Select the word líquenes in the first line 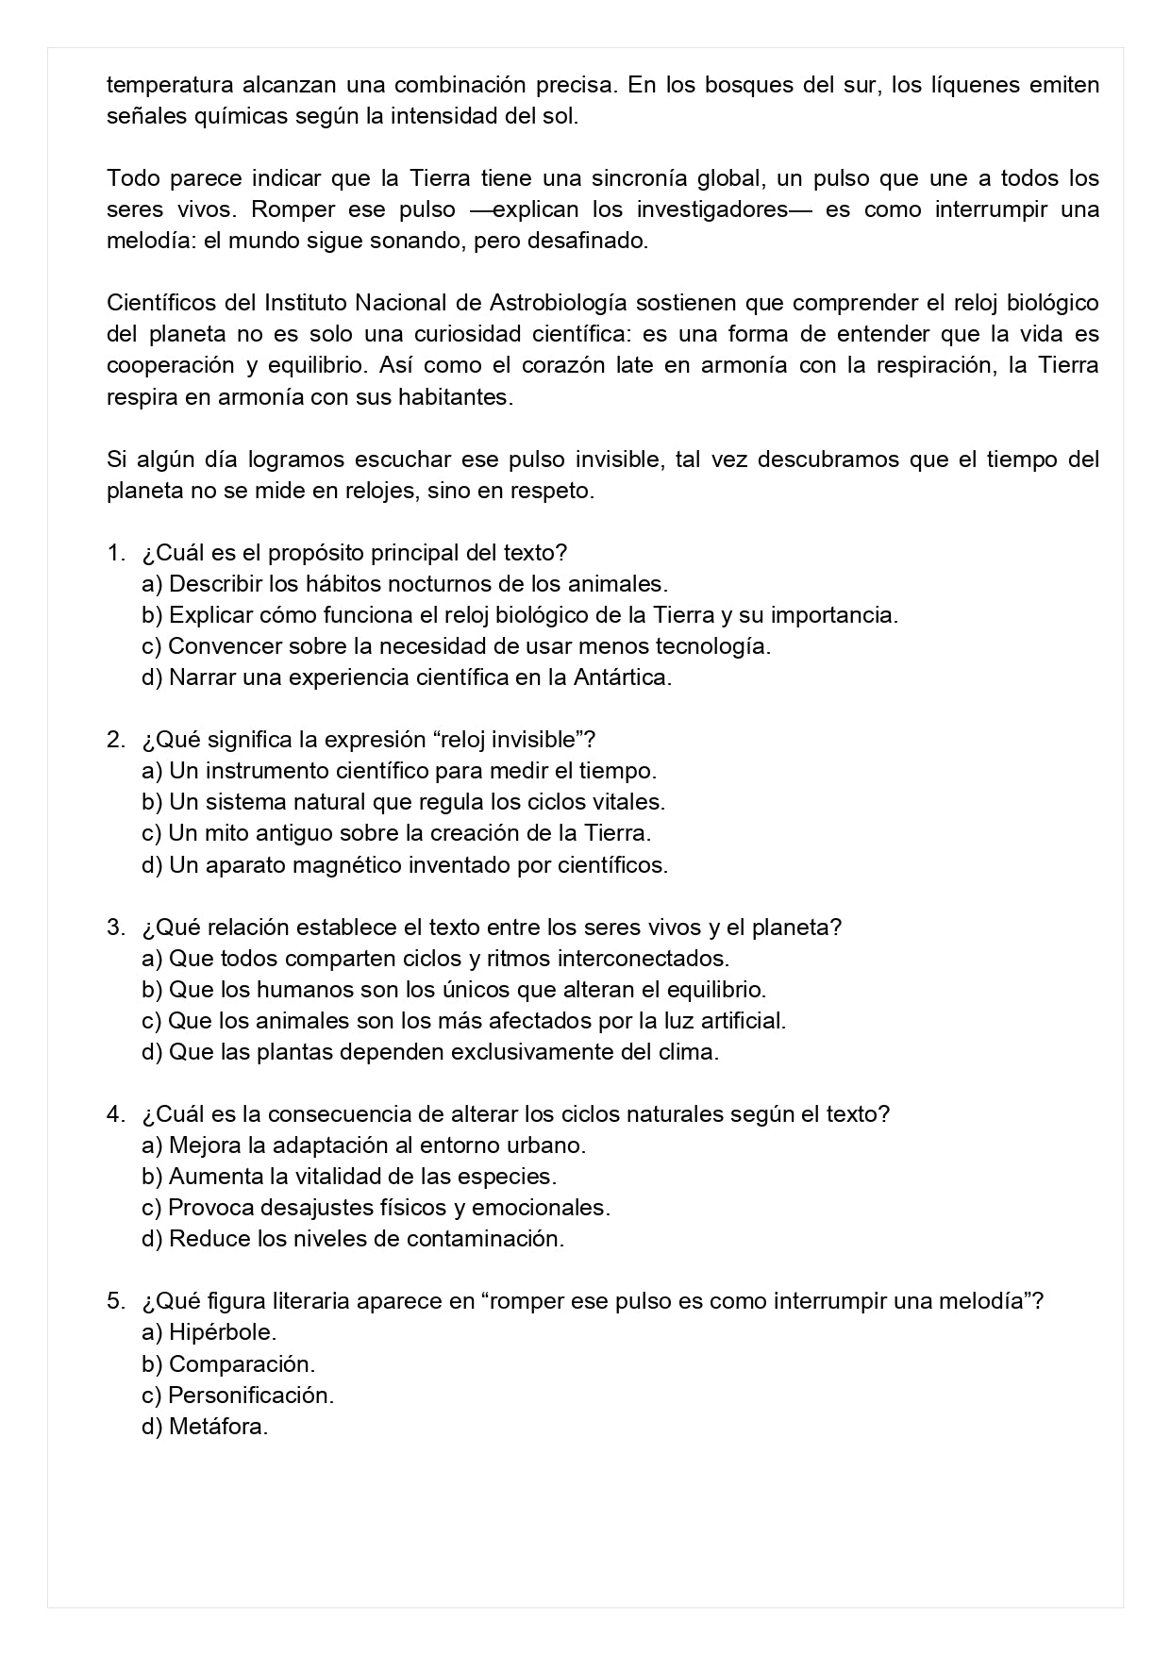tap(977, 85)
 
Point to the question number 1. tap(115, 553)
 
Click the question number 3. tap(115, 928)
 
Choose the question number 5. tap(115, 1302)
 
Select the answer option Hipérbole tap(222, 1333)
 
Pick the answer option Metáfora tap(218, 1427)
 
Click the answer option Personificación tap(251, 1396)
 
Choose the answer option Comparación tap(242, 1364)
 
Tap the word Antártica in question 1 tap(622, 677)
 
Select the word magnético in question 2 tap(355, 865)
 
